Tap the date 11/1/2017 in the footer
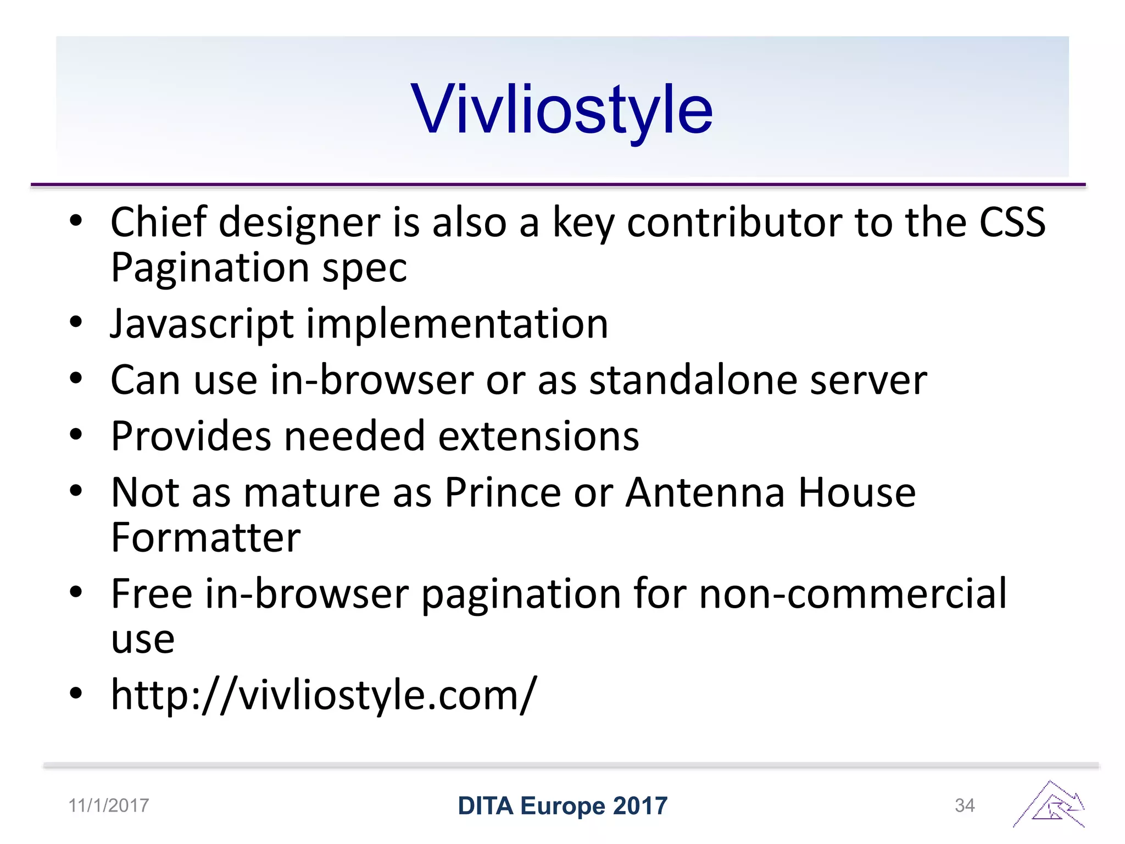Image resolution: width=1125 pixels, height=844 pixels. (108, 806)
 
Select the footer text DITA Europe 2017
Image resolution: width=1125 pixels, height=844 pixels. (562, 806)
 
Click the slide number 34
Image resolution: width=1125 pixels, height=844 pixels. (965, 806)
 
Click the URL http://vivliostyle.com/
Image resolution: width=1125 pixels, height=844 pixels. (324, 695)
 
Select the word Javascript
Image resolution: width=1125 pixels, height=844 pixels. (202, 324)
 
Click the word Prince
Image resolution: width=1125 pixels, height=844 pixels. (502, 492)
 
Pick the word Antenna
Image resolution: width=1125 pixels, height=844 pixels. (705, 492)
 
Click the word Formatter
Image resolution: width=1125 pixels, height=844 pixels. (205, 537)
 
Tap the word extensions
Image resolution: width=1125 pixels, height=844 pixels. (538, 436)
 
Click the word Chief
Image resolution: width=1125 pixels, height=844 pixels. (158, 222)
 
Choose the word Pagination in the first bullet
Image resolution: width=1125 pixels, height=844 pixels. (210, 268)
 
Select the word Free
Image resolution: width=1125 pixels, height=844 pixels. (152, 594)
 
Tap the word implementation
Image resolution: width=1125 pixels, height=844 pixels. (457, 324)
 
